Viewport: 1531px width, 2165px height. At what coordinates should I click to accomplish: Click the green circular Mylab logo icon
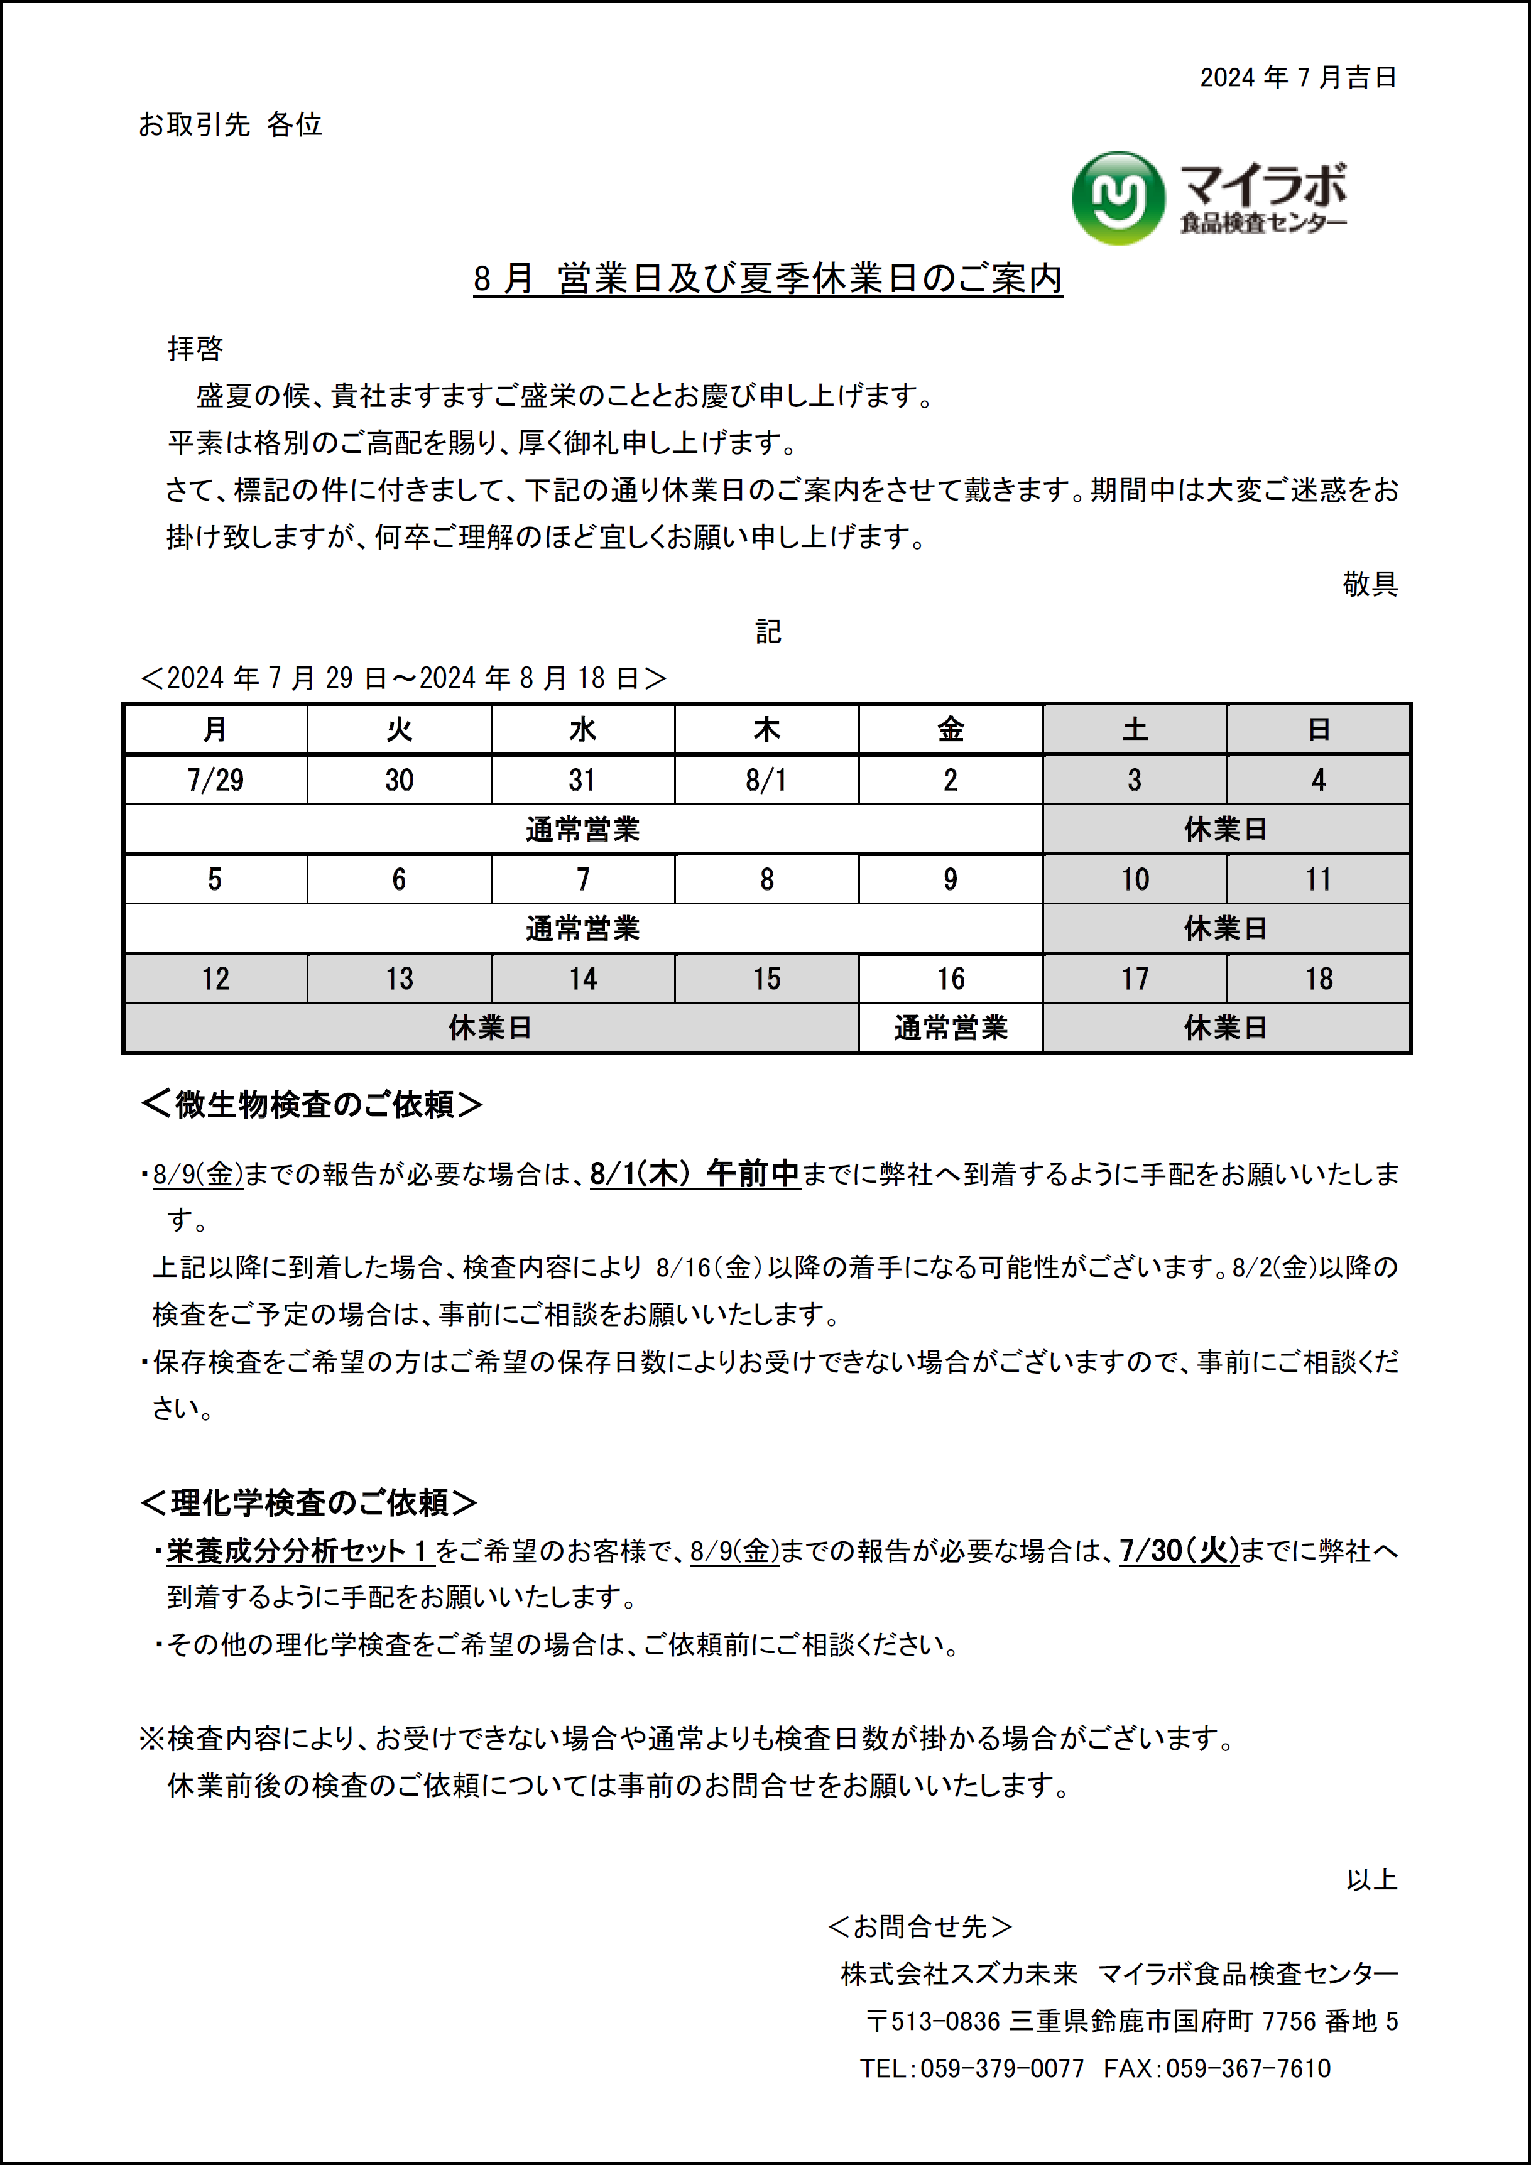1118,198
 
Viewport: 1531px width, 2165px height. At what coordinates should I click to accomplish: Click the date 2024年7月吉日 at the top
1297,77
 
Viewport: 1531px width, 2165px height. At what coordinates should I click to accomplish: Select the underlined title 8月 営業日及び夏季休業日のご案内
768,279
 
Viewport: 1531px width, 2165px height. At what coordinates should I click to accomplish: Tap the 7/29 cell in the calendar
215,780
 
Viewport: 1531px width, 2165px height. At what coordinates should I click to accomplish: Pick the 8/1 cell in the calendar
766,780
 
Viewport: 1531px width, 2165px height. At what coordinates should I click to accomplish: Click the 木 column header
766,729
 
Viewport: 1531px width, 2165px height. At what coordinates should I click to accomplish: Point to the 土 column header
1134,729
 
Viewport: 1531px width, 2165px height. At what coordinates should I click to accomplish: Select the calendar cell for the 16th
950,979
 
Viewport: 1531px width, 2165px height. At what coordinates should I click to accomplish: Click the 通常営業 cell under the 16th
950,1028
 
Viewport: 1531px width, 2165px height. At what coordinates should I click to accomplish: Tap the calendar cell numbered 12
215,979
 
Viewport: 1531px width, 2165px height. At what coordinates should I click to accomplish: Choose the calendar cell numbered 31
582,780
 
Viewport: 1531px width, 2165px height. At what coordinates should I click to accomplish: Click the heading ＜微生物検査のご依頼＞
312,1104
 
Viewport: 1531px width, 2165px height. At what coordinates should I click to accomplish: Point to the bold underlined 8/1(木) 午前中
695,1174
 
